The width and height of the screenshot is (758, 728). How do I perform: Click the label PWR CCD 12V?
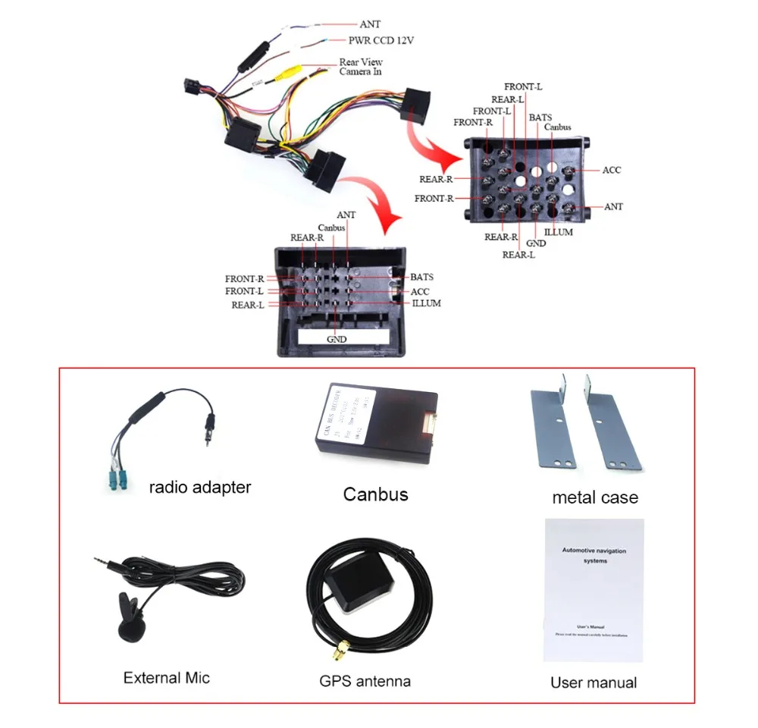(x=381, y=40)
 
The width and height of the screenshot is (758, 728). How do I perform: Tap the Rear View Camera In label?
(x=361, y=67)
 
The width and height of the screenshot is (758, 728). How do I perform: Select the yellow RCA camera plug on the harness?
(x=290, y=73)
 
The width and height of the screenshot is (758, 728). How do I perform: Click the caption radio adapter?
(x=199, y=487)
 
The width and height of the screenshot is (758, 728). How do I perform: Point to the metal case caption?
(x=595, y=497)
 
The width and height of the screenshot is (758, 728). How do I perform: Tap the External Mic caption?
(x=166, y=677)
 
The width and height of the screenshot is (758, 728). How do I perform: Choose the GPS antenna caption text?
(x=365, y=681)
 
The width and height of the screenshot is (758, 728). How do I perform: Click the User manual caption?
(x=594, y=682)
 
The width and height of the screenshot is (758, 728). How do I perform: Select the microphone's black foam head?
(x=130, y=625)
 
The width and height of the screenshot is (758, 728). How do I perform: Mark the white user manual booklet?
(x=594, y=589)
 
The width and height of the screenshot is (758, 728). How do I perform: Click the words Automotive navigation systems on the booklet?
(x=594, y=555)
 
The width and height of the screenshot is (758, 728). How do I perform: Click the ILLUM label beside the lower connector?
(x=427, y=303)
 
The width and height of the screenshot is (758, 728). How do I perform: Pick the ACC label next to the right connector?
(x=612, y=170)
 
